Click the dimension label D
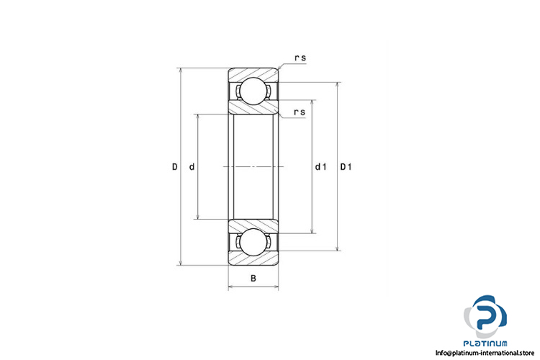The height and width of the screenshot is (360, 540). click(x=175, y=167)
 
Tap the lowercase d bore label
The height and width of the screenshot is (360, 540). click(x=192, y=167)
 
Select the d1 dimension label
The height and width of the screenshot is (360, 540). click(x=320, y=167)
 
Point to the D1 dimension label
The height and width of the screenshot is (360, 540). click(x=346, y=167)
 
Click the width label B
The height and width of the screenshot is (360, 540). click(x=253, y=278)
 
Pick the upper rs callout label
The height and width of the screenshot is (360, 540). click(x=300, y=58)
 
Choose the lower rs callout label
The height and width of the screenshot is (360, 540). click(x=300, y=112)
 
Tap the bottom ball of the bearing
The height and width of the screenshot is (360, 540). click(x=253, y=242)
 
